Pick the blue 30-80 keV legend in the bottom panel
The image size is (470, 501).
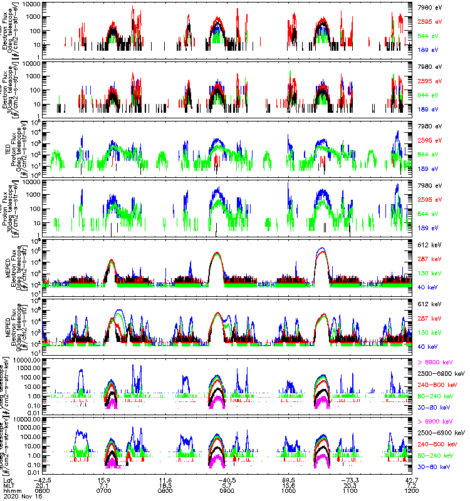pyautogui.click(x=434, y=467)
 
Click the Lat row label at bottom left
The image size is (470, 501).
pyautogui.click(x=8, y=478)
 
